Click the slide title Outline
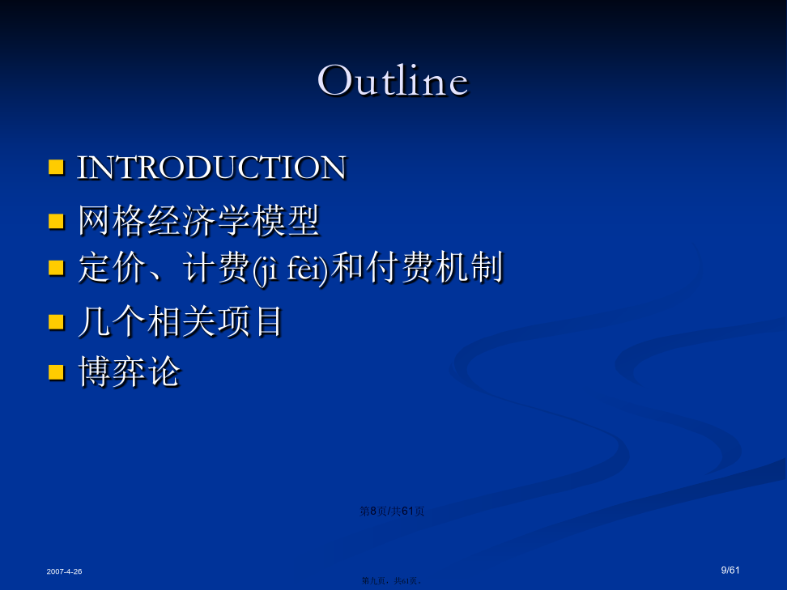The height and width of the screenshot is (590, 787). [393, 80]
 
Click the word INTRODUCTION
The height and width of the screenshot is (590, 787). [211, 167]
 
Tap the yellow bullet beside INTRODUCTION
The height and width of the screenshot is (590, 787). [56, 167]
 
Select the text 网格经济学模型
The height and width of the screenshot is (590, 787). [198, 220]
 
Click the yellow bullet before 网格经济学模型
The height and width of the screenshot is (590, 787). [56, 221]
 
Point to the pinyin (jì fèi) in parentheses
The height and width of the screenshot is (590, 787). [291, 269]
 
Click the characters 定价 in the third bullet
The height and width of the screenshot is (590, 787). [112, 267]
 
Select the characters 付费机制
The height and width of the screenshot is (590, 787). [435, 267]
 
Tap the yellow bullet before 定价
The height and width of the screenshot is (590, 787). [56, 267]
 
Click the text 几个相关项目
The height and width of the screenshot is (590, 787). [181, 321]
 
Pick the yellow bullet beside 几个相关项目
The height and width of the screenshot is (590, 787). [56, 321]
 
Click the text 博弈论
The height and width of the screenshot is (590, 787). [129, 371]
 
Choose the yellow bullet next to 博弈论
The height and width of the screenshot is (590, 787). [56, 372]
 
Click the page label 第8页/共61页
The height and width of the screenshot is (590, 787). [392, 511]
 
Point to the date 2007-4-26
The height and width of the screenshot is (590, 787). [64, 571]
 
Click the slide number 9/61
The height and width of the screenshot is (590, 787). [730, 570]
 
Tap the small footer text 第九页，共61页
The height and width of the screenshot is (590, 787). [391, 580]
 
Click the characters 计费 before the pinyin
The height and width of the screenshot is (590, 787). [216, 267]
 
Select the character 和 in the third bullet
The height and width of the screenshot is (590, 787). [348, 267]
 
